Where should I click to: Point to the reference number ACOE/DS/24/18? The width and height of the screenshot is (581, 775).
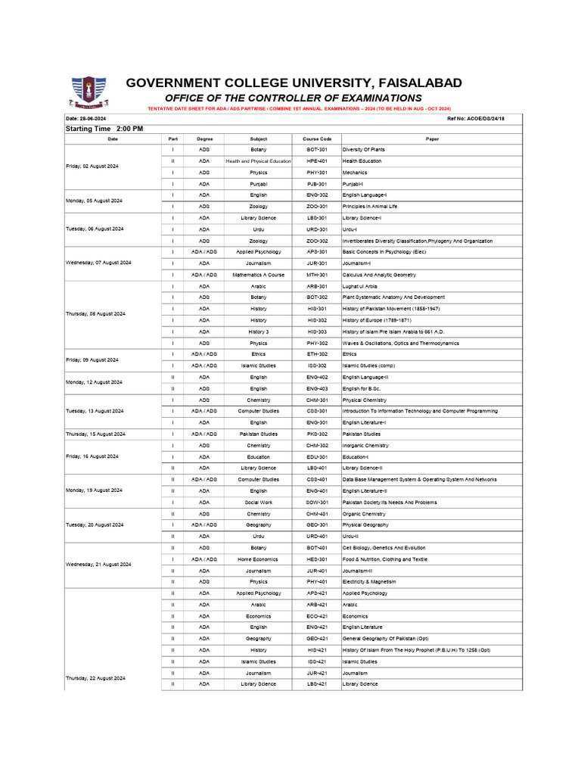click(476, 119)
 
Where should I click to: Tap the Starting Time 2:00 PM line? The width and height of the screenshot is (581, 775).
click(104, 129)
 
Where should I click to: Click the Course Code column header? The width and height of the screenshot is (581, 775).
click(316, 139)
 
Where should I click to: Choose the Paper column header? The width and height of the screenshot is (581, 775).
click(432, 139)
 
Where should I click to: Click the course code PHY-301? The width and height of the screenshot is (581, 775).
click(316, 173)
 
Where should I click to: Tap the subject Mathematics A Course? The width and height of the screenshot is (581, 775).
click(258, 275)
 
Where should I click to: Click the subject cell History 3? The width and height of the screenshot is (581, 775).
click(258, 331)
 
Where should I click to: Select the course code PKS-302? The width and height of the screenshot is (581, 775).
click(316, 434)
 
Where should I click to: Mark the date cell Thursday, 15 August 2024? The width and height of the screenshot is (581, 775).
click(96, 434)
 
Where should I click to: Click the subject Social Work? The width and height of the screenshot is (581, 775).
click(258, 503)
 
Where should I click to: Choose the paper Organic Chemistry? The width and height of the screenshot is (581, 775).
click(365, 514)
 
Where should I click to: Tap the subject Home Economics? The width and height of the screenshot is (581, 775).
click(258, 559)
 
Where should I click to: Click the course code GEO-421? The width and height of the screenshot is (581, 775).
click(316, 639)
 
